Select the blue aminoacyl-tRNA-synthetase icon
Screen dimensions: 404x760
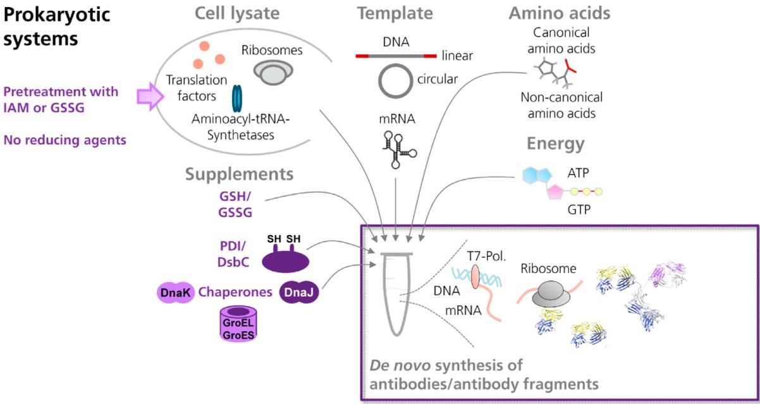click(x=237, y=98)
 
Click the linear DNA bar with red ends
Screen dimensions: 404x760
click(x=396, y=56)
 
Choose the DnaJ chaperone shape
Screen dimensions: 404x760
click(x=297, y=293)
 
